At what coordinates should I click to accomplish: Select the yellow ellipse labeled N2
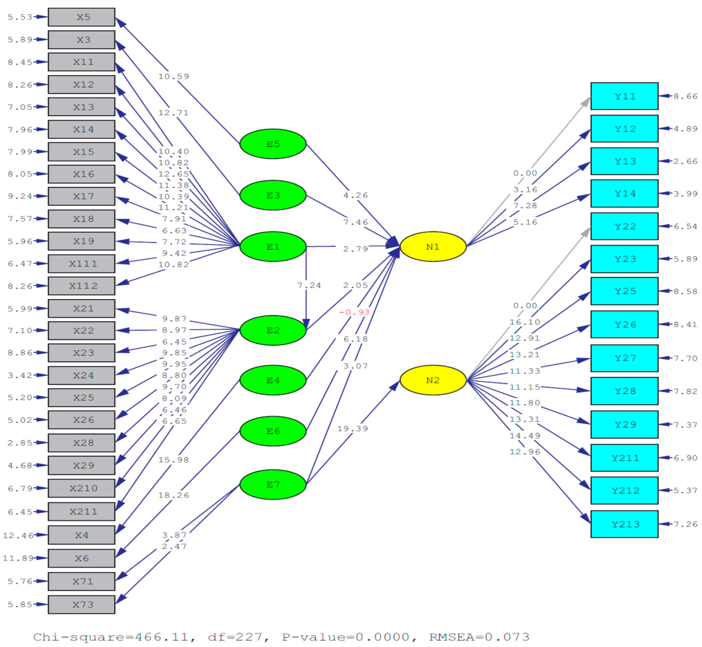(x=433, y=380)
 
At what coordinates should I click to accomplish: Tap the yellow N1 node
(x=433, y=247)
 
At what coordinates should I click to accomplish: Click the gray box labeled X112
(x=82, y=286)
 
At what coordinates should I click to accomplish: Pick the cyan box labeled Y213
(x=624, y=524)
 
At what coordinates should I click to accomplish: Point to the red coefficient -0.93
(x=354, y=312)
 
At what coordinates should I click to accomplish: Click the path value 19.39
(x=352, y=429)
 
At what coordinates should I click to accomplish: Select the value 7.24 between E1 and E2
(x=309, y=285)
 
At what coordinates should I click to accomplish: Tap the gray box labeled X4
(x=82, y=535)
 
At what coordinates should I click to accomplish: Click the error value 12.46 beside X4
(x=18, y=535)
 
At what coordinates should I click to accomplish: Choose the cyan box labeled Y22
(x=624, y=226)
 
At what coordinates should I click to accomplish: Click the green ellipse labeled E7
(x=273, y=484)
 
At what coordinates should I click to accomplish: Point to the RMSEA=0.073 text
(x=479, y=637)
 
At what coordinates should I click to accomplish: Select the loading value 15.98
(x=174, y=460)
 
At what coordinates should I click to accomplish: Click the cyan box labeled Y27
(x=624, y=358)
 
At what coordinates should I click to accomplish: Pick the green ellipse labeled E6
(x=273, y=431)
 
